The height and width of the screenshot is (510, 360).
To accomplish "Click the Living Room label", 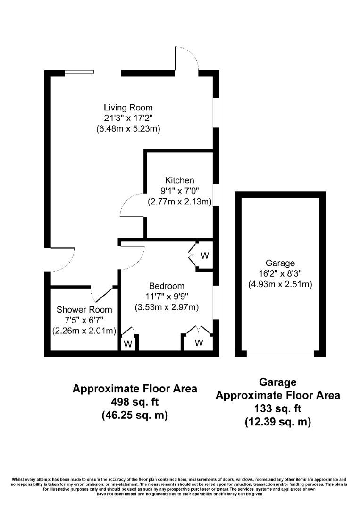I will pos(128,107).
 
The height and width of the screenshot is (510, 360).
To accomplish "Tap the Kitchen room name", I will pos(179,180).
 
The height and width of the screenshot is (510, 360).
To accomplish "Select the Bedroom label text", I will pos(167,286).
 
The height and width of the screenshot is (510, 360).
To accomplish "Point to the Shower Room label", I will pos(84,310).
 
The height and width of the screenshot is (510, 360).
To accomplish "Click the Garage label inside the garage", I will pos(280,263).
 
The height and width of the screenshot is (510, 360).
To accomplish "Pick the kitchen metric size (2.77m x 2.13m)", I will pos(179,202).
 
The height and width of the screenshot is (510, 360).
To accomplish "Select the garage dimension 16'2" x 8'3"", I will pos(280,274).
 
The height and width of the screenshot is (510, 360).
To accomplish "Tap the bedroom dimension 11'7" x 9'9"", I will pos(167,297).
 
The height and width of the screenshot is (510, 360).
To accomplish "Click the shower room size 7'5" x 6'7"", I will pos(84,320).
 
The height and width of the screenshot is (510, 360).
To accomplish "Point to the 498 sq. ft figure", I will pos(134,402).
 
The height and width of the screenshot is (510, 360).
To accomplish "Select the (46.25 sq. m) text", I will pos(134,416).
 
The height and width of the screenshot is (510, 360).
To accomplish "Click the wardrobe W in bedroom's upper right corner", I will pos(204,256).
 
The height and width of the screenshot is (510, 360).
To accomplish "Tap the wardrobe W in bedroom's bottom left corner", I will pos(127,344).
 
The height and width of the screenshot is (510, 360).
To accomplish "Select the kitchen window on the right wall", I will pos(215,195).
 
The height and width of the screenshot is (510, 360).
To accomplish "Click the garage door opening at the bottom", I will pos(280,354).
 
